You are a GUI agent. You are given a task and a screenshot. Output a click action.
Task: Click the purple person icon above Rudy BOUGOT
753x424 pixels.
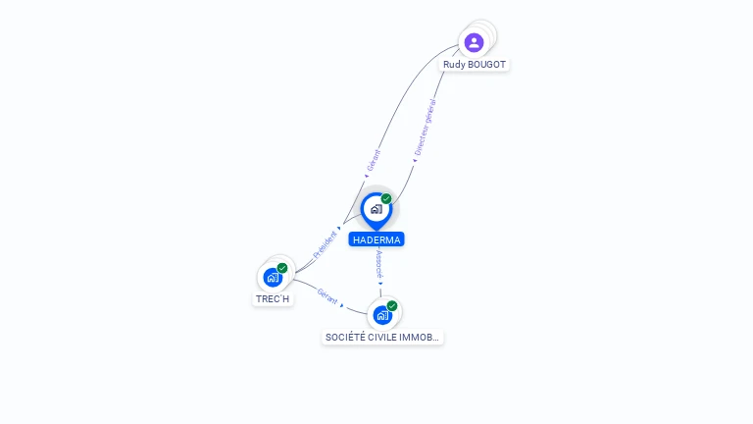474,43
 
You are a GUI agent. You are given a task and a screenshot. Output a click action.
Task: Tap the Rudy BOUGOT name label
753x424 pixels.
475,65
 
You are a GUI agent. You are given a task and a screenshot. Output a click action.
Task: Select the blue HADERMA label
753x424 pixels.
376,239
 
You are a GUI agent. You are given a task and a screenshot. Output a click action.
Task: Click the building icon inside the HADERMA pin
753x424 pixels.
376,209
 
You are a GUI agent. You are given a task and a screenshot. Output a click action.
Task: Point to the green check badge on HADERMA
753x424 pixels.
386,198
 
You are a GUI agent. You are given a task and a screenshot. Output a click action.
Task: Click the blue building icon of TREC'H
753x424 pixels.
273,278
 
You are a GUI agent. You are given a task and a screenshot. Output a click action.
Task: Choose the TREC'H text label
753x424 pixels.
273,299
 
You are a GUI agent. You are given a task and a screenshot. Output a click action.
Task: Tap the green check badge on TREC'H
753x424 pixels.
282,268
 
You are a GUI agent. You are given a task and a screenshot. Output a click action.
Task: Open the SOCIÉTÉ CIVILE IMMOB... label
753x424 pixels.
382,337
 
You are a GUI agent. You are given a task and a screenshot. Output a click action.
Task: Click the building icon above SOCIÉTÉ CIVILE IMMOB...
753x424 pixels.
382,315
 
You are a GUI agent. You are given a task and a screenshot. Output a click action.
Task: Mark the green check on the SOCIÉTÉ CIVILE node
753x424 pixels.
392,306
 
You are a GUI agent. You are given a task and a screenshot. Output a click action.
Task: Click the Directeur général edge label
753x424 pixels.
426,127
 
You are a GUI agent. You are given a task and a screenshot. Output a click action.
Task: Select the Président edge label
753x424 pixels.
326,244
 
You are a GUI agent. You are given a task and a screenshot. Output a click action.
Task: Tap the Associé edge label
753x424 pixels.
379,264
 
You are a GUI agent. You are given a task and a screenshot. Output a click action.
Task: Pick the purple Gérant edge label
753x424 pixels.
374,160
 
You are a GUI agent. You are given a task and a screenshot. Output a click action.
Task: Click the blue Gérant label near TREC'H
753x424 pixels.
327,296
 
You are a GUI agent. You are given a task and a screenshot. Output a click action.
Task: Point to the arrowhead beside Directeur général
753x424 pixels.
415,161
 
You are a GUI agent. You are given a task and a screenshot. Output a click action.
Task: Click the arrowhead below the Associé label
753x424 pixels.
380,284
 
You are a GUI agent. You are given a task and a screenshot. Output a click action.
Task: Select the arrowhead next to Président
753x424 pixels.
339,229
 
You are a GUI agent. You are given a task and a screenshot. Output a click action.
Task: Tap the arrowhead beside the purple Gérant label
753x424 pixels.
367,176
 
